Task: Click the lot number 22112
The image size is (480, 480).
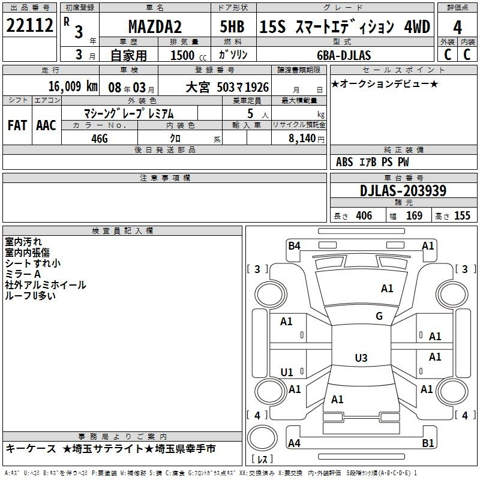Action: pos(29,25)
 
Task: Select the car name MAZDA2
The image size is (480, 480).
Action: pos(155,26)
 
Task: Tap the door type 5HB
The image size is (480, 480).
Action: pos(232,26)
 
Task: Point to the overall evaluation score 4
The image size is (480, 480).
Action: pos(457,28)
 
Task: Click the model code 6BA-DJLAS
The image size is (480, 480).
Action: pos(344,55)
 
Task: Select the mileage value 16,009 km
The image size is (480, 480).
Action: pos(73,86)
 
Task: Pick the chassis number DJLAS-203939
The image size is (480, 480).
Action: pos(403,191)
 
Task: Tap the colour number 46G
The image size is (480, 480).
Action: pos(100,139)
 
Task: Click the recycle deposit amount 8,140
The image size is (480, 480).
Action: pos(302,139)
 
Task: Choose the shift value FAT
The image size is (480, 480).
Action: pos(17,125)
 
